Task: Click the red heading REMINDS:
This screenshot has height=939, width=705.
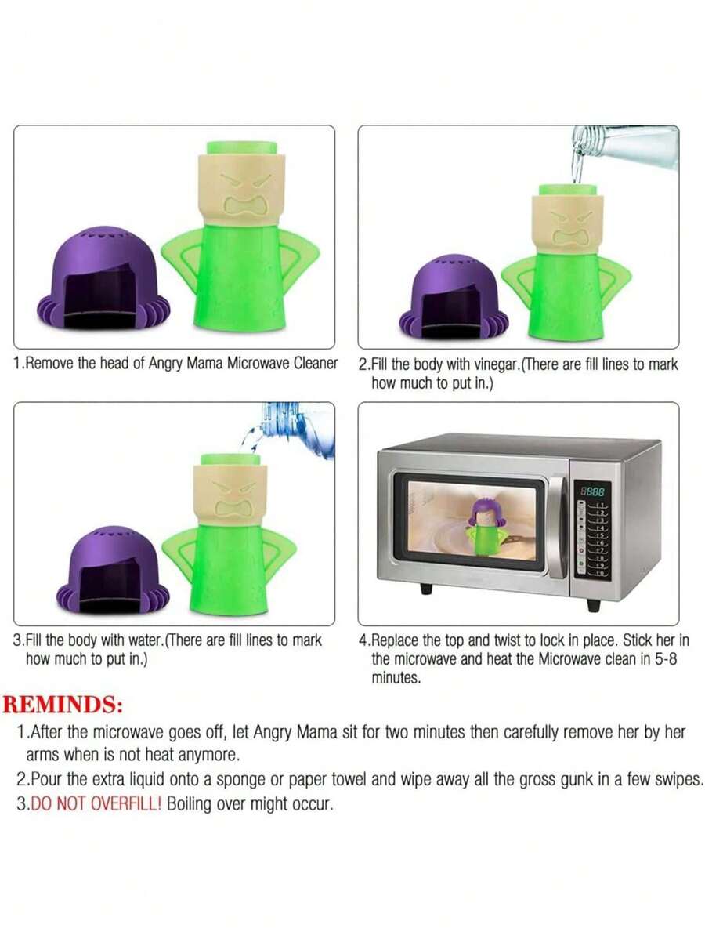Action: click(63, 704)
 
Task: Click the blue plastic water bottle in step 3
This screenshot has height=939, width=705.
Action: click(298, 430)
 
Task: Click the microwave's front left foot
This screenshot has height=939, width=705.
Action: click(425, 588)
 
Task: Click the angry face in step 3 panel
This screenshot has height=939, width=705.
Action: click(233, 499)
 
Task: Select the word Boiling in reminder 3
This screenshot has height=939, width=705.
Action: click(190, 805)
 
